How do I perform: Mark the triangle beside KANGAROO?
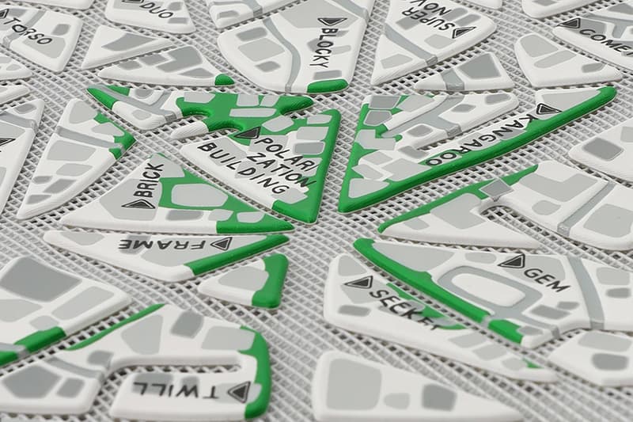tap(544, 108)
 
